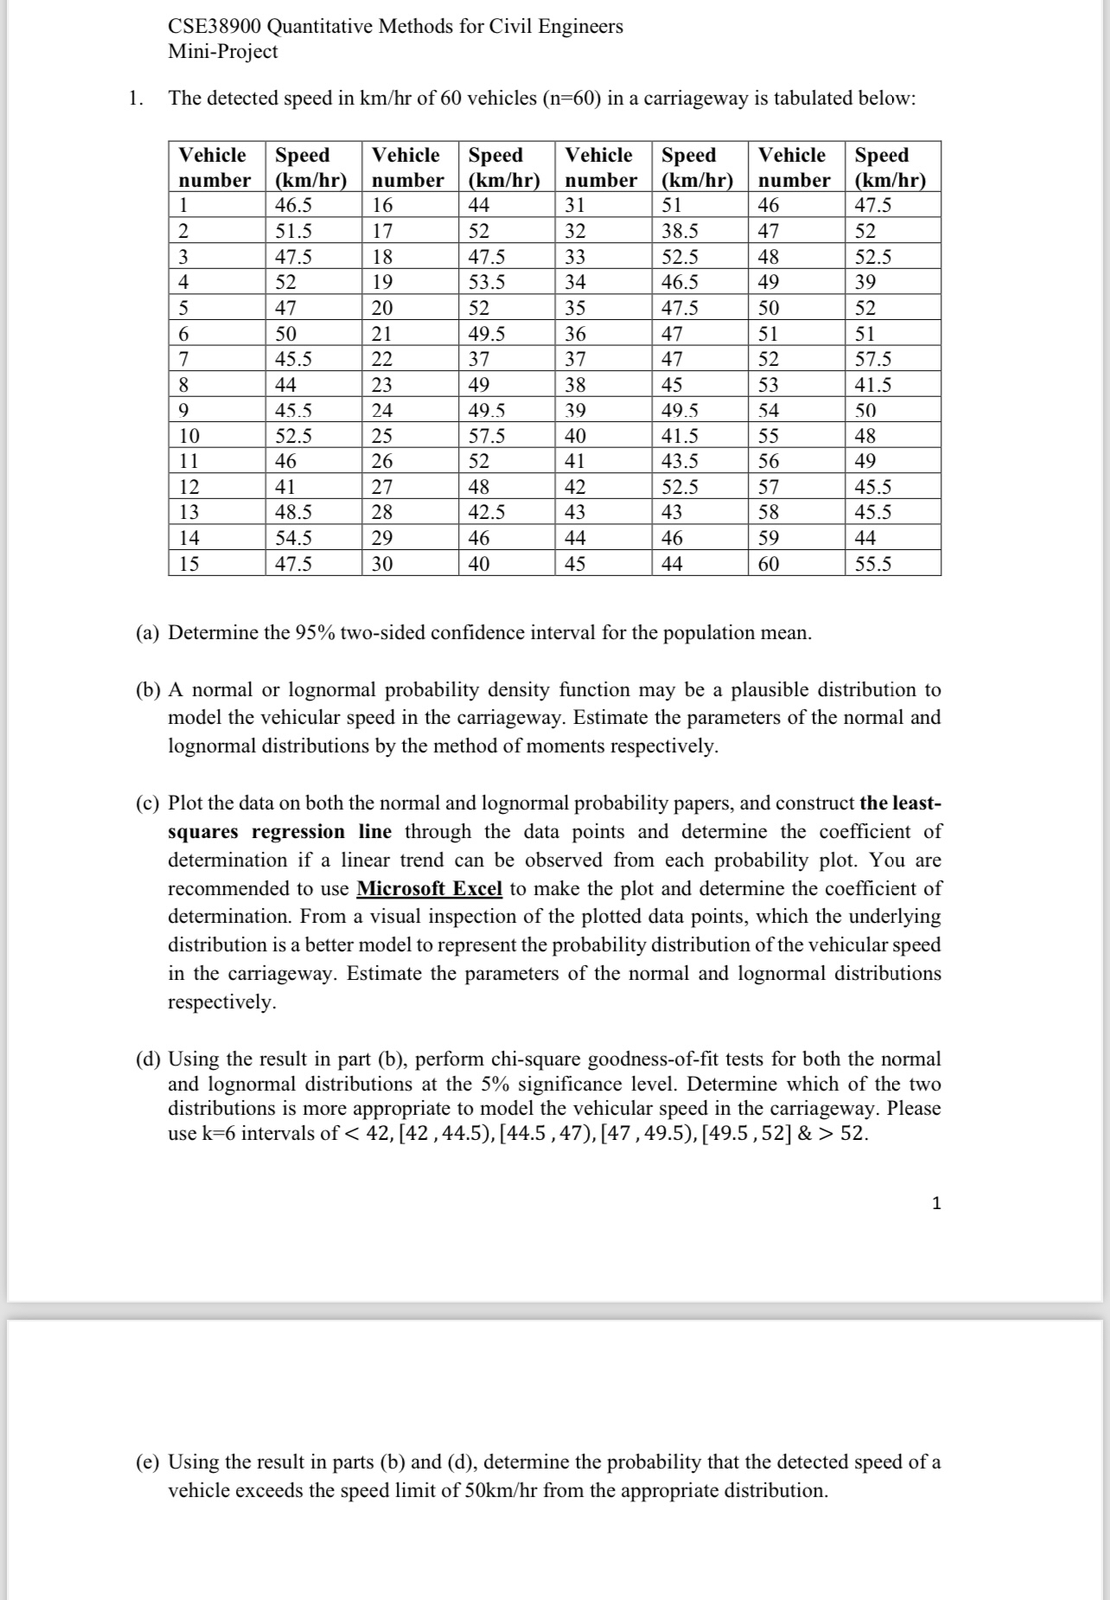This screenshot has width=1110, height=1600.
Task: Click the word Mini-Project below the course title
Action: coord(223,52)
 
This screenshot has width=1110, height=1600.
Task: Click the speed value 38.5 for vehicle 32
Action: coord(679,232)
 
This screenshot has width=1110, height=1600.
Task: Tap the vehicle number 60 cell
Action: coord(769,565)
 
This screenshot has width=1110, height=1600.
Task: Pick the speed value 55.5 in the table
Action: coord(873,565)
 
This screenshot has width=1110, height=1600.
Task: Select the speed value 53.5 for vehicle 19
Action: coord(487,282)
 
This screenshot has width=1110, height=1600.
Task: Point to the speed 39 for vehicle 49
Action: coord(865,282)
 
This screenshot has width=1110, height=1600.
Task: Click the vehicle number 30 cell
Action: coord(382,565)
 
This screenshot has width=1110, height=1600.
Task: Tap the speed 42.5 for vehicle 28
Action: coord(487,513)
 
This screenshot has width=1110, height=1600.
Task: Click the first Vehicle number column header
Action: coord(214,167)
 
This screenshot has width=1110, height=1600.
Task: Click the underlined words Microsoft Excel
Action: coord(429,889)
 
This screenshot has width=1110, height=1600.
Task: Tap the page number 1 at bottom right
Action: coord(936,1203)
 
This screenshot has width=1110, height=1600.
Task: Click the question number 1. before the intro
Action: coord(134,99)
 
